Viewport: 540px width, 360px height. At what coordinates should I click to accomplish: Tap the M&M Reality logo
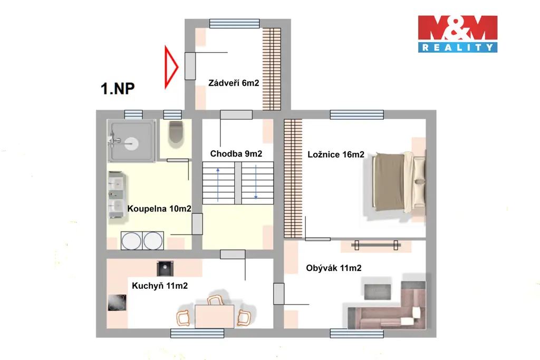pos(458,34)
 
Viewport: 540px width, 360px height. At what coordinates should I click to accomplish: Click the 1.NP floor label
pos(118,89)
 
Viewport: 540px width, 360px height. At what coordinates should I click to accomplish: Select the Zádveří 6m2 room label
pos(234,83)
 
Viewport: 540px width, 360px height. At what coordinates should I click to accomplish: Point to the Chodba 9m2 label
pos(236,153)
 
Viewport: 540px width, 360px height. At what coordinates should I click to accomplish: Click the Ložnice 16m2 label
pos(336,154)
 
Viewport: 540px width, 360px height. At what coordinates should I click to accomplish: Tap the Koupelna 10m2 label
pos(159,209)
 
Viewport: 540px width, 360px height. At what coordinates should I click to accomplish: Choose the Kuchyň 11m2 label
pos(160,286)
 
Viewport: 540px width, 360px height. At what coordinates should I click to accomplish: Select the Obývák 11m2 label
pos(334,268)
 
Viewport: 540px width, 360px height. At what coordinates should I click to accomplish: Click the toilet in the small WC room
pos(176,132)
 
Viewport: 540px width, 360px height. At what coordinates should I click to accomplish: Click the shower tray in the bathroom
pos(131,140)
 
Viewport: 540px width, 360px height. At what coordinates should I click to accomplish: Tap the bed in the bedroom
pos(399,181)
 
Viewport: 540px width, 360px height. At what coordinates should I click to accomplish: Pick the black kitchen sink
pos(165,268)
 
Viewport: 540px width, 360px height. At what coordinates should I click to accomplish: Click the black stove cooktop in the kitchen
pos(117,303)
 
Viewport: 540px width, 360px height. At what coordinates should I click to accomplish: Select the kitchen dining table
pos(214,316)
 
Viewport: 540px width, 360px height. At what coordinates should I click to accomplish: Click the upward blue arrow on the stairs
pos(218,184)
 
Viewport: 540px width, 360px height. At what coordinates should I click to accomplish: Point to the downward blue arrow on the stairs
pos(256,182)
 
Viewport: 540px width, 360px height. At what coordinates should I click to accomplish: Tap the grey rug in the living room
pos(378,292)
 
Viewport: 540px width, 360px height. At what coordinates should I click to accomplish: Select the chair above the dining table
pos(215,300)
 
